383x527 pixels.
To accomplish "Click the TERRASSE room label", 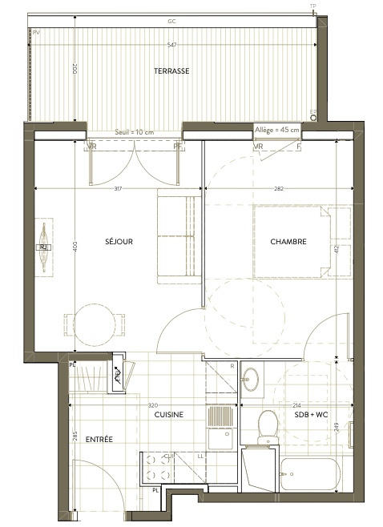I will [171, 70].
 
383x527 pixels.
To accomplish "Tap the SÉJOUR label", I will [118, 241].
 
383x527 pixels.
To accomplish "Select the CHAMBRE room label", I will [288, 241].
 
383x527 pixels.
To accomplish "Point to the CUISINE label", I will [170, 415].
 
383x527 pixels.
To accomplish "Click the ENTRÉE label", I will [97, 439].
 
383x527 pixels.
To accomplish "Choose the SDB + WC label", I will [312, 415].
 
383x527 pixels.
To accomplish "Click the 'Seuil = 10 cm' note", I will [135, 131].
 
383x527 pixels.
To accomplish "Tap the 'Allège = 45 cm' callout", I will [276, 129].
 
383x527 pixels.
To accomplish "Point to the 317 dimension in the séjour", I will [118, 189].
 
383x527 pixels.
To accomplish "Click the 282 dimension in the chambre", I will [279, 189].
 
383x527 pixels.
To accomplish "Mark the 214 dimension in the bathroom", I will [297, 405].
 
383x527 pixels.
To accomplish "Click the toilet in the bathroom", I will [266, 424].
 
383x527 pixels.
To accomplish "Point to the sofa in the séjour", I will [175, 237].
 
